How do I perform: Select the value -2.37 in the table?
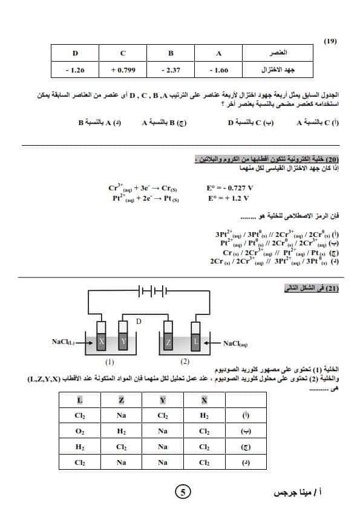coord(171,70)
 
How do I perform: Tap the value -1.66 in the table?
coord(219,70)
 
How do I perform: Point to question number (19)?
coord(330,41)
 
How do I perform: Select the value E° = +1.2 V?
coord(229,198)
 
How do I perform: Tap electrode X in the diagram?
coord(102,341)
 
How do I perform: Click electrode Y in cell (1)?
coord(123,341)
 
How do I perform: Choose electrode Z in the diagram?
coord(169,342)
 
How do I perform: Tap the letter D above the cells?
coord(139,321)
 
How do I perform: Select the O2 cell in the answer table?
coord(79,432)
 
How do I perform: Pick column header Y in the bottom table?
coord(162,400)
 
